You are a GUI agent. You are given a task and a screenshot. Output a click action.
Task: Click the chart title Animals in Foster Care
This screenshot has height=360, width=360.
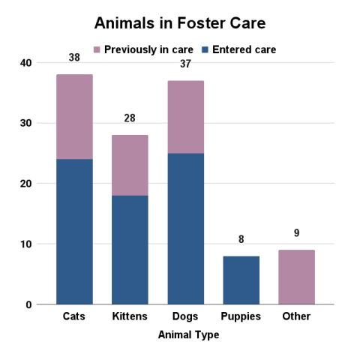point(179,24)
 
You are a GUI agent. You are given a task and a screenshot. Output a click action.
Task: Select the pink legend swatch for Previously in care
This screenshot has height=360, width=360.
point(97,49)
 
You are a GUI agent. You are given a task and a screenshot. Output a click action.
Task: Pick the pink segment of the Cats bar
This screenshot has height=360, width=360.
point(74,116)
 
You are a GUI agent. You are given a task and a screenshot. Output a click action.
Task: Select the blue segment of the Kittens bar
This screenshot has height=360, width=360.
point(130,249)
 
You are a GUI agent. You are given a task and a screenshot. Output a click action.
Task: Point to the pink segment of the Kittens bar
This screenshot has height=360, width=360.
point(130,165)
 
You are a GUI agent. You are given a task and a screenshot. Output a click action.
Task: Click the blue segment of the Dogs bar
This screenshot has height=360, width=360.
point(185,228)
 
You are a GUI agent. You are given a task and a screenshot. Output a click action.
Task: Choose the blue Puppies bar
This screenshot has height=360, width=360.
point(241,280)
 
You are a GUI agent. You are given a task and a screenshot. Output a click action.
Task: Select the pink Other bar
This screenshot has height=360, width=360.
point(296,277)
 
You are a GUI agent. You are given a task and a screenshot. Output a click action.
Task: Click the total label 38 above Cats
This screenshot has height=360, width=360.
point(74,57)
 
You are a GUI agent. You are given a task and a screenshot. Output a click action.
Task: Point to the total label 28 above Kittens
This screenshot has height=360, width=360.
point(130,118)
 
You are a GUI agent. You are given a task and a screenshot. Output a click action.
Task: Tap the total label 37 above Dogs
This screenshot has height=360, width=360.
point(185,64)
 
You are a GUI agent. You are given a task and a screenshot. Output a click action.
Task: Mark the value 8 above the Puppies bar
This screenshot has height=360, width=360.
point(241,239)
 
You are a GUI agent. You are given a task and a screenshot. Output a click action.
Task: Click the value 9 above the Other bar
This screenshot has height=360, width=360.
point(296,233)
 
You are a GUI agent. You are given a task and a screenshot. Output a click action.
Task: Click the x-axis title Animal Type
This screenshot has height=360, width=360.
point(188,335)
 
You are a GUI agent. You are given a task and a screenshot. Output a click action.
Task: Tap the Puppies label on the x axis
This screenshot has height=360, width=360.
point(241,316)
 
